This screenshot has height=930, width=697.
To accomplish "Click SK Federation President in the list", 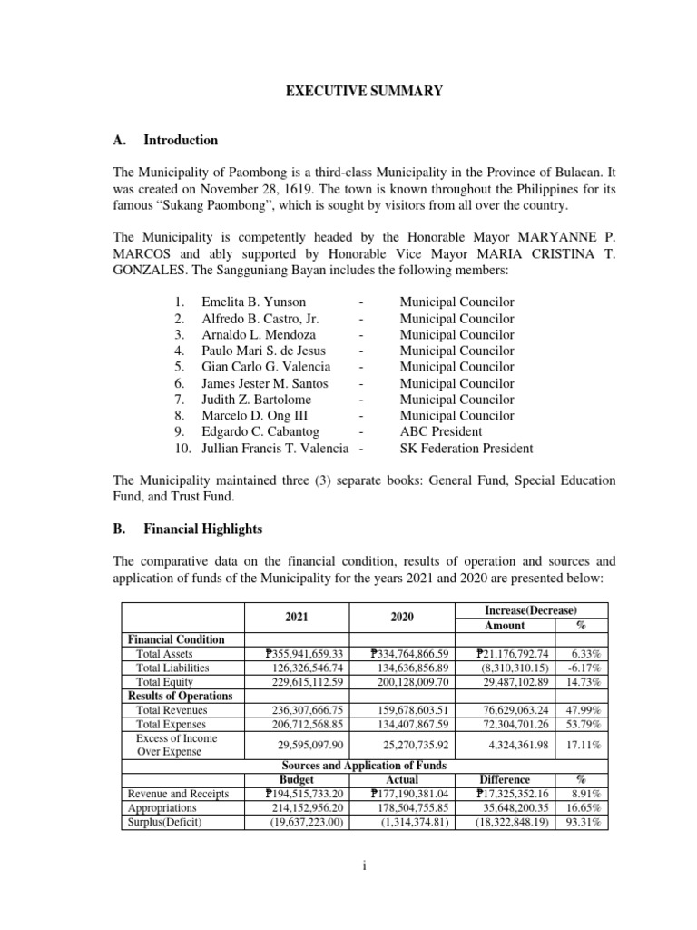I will [x=466, y=449].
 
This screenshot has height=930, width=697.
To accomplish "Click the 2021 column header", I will [x=298, y=617].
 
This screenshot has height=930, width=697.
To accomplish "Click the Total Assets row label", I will [x=164, y=653].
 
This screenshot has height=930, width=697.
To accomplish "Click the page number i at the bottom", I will [x=363, y=866].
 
